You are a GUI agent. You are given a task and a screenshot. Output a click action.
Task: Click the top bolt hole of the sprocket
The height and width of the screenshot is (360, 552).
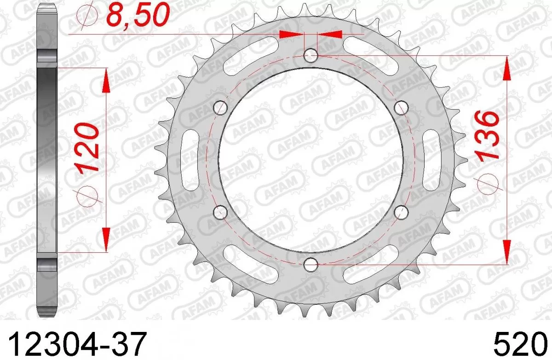click(311, 56)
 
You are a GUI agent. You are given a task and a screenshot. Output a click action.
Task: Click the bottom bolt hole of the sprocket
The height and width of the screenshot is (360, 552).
click(311, 264)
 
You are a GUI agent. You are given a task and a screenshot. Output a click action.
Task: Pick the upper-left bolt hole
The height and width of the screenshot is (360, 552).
click(221, 108)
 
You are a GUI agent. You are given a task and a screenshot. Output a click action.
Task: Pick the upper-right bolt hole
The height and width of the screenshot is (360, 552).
click(402, 108)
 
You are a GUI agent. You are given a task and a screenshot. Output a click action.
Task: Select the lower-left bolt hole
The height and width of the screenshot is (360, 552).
click(221, 212)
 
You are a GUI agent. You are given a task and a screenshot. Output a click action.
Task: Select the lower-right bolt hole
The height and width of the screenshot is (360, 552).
click(402, 212)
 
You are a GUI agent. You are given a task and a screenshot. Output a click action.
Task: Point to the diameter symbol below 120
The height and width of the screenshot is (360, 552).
click(89, 195)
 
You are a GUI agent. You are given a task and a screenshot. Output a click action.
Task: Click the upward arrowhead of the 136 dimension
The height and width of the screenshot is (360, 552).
click(507, 69)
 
